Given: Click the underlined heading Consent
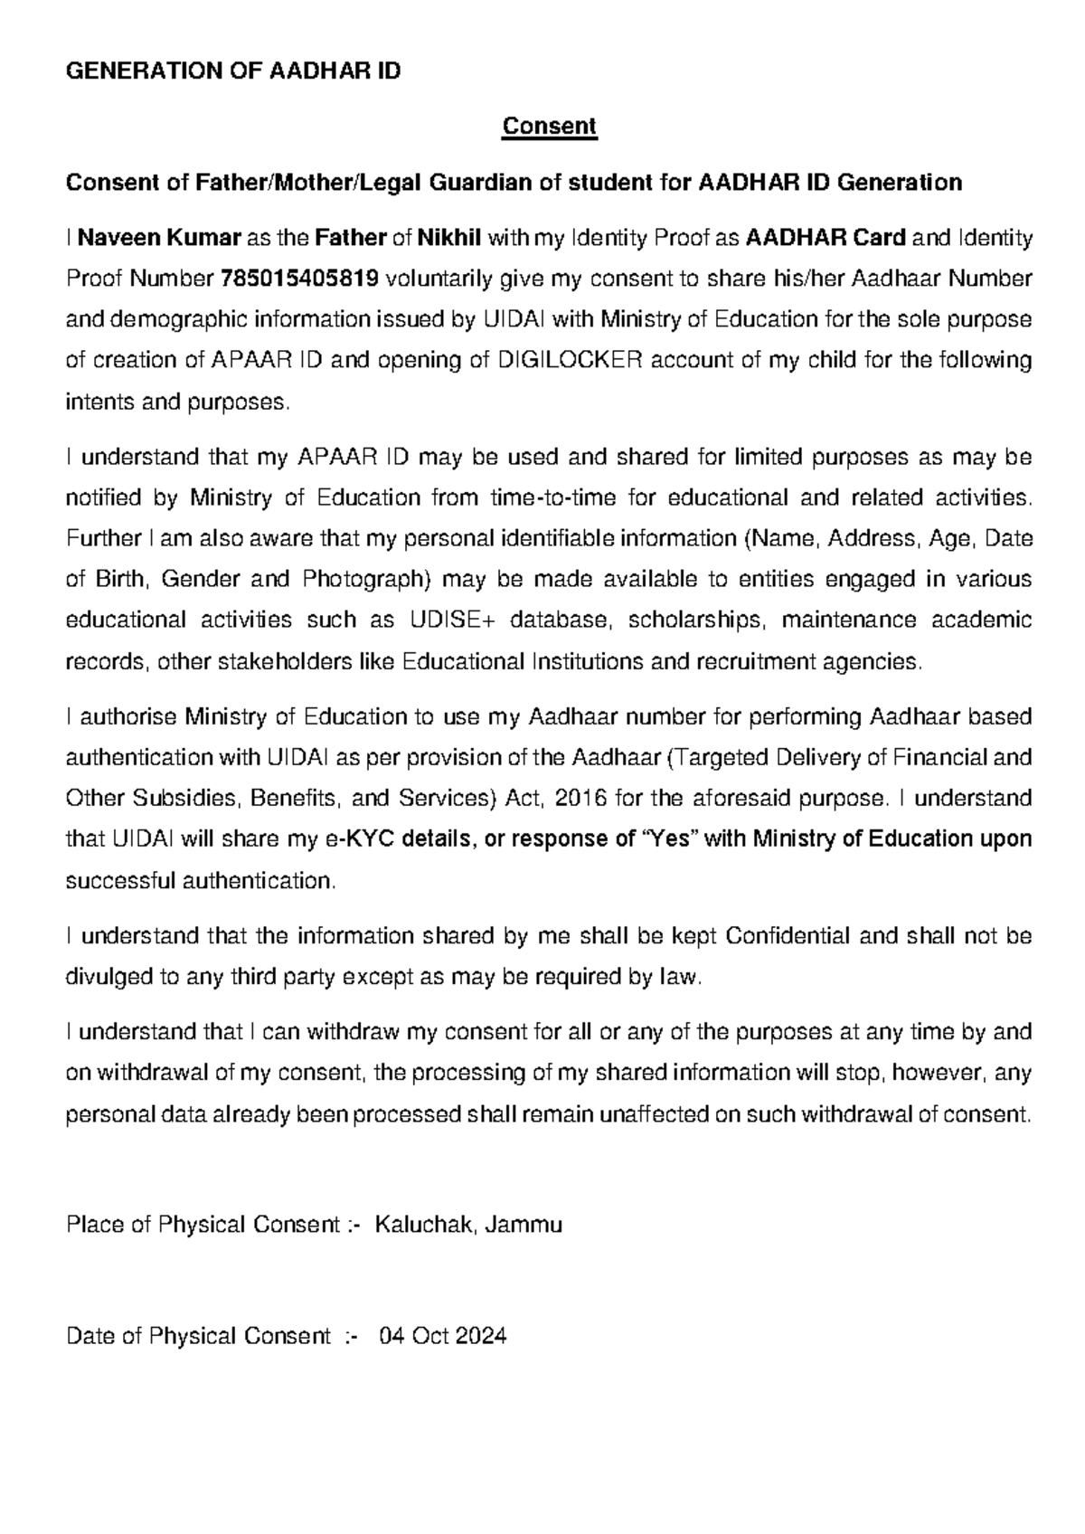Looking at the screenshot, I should (x=550, y=126).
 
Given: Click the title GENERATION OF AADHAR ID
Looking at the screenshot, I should (x=233, y=71).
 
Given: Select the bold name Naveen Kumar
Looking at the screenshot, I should (x=160, y=239).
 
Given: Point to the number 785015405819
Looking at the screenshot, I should (x=299, y=279).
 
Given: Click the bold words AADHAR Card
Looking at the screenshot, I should (x=825, y=239).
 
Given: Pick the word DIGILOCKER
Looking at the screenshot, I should (x=571, y=360).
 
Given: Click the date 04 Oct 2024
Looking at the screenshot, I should (x=443, y=1336).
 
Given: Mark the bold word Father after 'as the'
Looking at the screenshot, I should (x=350, y=239).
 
